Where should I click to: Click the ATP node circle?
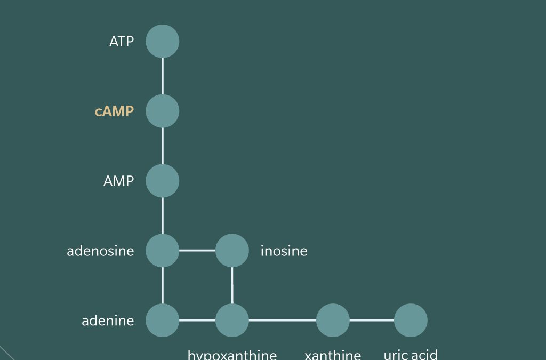click(x=163, y=41)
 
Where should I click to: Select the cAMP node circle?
click(x=163, y=111)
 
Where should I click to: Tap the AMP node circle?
click(x=163, y=181)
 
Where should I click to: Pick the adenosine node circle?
click(x=163, y=250)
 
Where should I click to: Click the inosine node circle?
click(x=232, y=250)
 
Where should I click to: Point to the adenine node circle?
click(x=163, y=320)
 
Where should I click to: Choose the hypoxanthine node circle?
click(x=232, y=320)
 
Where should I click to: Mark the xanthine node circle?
click(x=333, y=320)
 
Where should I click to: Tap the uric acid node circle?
click(x=411, y=320)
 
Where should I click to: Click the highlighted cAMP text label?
click(x=114, y=111)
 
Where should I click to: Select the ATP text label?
click(x=122, y=42)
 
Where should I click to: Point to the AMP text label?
click(x=118, y=181)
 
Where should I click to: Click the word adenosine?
click(x=100, y=251)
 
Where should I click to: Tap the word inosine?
click(x=284, y=251)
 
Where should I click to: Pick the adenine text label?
click(x=108, y=321)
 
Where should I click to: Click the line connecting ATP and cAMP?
click(x=163, y=76)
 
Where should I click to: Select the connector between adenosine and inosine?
click(x=197, y=250)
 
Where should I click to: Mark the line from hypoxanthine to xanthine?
click(x=283, y=320)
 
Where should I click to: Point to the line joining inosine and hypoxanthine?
click(x=232, y=285)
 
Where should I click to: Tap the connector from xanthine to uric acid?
click(x=372, y=320)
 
